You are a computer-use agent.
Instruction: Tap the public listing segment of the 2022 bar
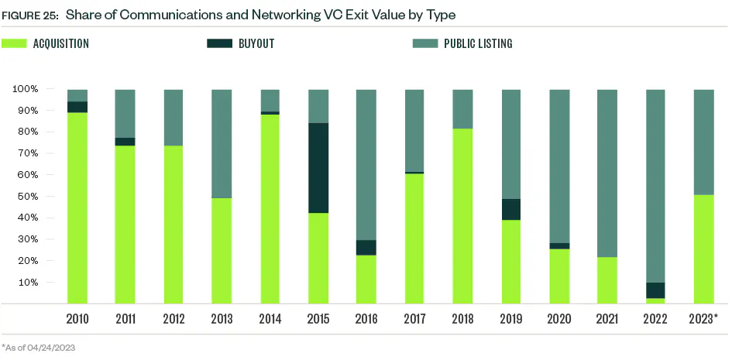(x=655, y=186)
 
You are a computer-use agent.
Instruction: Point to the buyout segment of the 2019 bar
(x=511, y=209)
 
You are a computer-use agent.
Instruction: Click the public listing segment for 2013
(x=222, y=143)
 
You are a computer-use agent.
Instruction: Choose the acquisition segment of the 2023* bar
(x=703, y=249)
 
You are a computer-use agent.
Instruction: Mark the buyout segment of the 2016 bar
(x=366, y=247)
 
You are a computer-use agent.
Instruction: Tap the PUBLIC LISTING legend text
(x=477, y=43)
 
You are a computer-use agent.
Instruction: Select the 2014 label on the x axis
(x=270, y=318)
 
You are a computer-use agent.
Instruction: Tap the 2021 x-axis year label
(x=607, y=318)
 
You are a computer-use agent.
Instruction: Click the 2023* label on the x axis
(x=704, y=318)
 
